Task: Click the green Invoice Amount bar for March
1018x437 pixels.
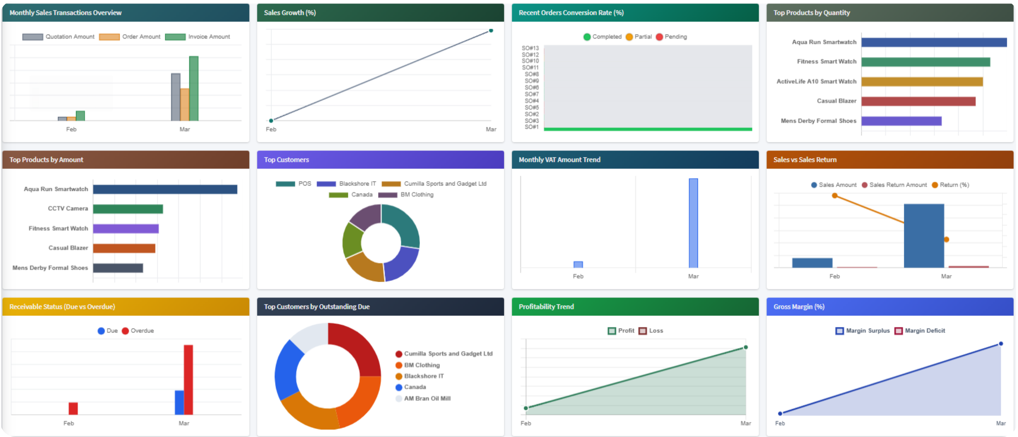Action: click(194, 88)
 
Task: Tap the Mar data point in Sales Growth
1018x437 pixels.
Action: click(491, 31)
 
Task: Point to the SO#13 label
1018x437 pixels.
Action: click(530, 48)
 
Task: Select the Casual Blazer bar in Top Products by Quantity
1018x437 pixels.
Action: click(918, 101)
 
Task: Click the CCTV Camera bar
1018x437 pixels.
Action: click(128, 209)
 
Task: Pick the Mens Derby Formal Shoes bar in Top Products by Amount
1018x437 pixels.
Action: click(118, 268)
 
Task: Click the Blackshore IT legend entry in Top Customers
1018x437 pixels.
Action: click(346, 184)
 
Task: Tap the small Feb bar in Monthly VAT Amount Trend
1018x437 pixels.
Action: click(578, 265)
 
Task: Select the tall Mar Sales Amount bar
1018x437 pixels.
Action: click(923, 236)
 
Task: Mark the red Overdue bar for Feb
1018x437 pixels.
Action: click(73, 408)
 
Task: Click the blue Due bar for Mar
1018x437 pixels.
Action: click(179, 402)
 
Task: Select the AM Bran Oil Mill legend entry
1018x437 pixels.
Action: click(424, 398)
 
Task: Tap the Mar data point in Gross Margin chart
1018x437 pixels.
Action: click(1001, 344)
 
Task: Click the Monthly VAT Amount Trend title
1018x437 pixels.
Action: click(559, 160)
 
